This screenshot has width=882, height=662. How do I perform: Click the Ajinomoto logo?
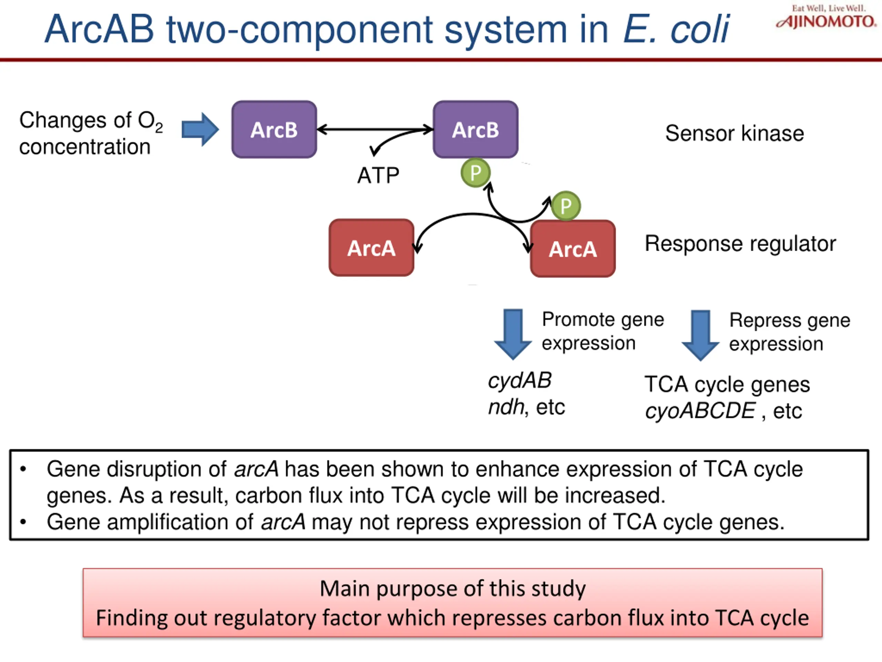click(x=826, y=18)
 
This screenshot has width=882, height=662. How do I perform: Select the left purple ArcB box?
click(x=274, y=130)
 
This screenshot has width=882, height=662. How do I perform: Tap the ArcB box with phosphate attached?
click(x=475, y=130)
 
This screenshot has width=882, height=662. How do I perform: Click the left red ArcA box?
click(x=371, y=248)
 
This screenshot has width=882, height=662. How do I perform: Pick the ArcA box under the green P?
click(x=573, y=249)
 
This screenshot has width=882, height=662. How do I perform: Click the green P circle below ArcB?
click(x=475, y=173)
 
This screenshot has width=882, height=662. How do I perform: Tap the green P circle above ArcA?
click(x=565, y=206)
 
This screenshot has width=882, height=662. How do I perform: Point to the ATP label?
click(x=378, y=175)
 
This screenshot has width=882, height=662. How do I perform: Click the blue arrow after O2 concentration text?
click(x=200, y=129)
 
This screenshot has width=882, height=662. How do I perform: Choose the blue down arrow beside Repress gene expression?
click(x=700, y=335)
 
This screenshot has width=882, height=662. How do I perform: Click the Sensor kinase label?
click(x=734, y=133)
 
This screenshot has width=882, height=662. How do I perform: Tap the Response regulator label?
click(x=740, y=243)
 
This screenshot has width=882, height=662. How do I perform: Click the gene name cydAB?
click(x=520, y=380)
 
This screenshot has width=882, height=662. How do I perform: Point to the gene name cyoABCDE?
click(x=700, y=411)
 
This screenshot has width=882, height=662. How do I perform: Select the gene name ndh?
click(x=505, y=407)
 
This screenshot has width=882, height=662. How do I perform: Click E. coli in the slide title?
click(x=676, y=29)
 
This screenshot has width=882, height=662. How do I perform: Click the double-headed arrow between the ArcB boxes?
click(x=375, y=129)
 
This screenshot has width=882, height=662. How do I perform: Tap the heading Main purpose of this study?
click(x=453, y=589)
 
